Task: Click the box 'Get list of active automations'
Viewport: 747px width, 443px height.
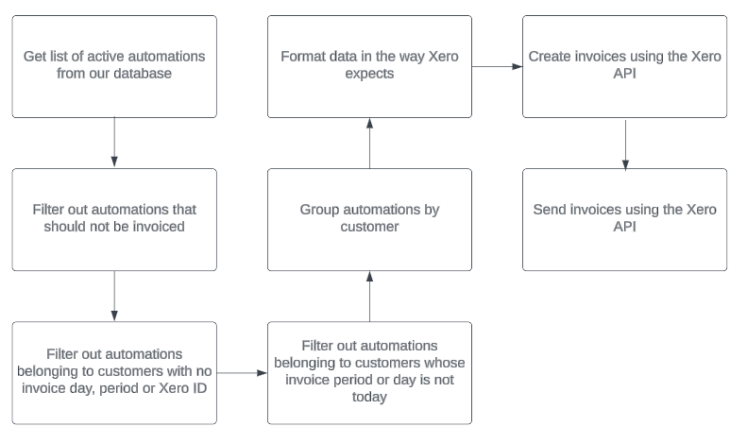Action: click(x=113, y=65)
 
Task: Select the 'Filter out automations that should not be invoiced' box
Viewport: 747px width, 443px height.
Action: click(x=113, y=218)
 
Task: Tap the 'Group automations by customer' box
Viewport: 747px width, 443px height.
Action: click(x=369, y=218)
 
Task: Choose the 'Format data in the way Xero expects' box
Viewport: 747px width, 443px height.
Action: click(x=369, y=65)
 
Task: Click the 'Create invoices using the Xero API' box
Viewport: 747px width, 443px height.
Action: click(x=625, y=65)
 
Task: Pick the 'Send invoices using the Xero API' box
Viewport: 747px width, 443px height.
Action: click(x=625, y=218)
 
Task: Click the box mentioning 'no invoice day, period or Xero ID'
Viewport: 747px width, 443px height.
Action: click(x=113, y=372)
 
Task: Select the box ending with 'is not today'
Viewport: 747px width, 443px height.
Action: click(x=369, y=372)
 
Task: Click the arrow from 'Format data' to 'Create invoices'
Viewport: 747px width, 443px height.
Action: click(x=497, y=66)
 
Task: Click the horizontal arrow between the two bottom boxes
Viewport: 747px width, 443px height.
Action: click(x=242, y=373)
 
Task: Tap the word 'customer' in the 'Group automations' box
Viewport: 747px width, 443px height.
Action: click(x=369, y=227)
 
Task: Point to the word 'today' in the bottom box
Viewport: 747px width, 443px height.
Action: click(x=369, y=398)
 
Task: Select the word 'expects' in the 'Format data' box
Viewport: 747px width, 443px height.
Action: click(x=369, y=74)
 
